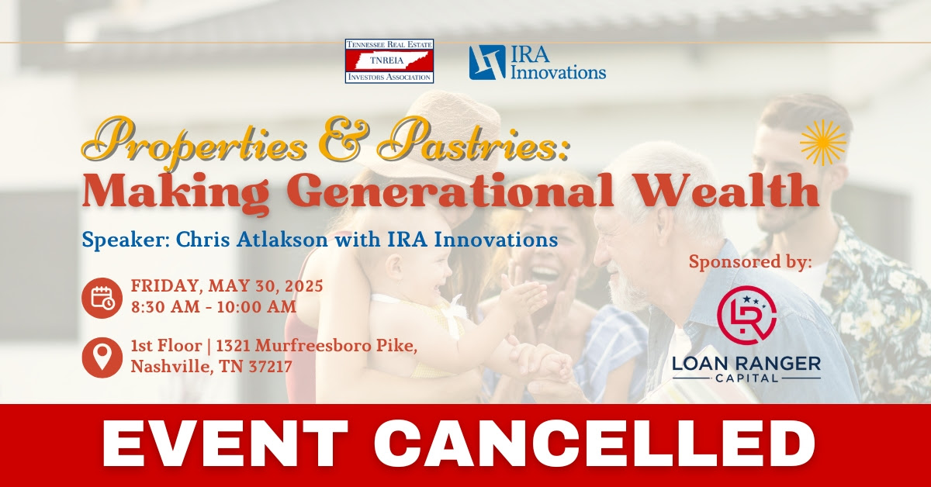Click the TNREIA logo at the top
tap(389, 61)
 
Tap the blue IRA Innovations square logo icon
tap(487, 62)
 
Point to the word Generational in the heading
tap(450, 190)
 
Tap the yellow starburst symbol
tap(823, 143)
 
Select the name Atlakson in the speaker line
tap(282, 240)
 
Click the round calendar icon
tap(102, 298)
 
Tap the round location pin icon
tap(102, 357)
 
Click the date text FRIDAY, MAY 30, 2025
tap(227, 286)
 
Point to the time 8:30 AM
tap(165, 307)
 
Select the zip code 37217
tap(270, 367)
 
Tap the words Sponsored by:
tap(750, 262)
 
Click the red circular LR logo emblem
tap(747, 315)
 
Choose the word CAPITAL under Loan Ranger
tap(746, 378)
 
